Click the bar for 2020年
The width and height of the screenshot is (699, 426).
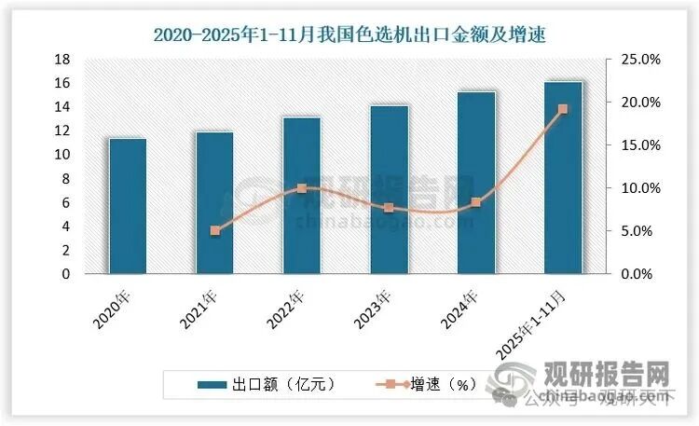[127, 207]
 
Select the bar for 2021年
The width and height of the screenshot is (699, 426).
[214, 203]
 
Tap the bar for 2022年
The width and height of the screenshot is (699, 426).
[301, 196]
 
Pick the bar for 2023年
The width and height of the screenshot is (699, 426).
[389, 190]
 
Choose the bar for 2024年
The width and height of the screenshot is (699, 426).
[475, 184]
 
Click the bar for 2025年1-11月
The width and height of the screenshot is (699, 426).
[563, 178]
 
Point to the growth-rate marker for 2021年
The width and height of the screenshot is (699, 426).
[214, 230]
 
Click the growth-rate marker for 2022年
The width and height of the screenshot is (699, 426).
[301, 188]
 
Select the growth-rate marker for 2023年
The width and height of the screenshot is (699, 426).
[389, 208]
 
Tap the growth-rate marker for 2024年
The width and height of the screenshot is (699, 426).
[475, 202]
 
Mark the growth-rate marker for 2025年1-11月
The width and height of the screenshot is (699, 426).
[563, 109]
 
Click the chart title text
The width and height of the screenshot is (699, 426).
[349, 34]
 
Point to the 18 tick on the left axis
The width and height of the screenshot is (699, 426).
[63, 59]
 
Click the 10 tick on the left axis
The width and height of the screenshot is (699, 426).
[63, 155]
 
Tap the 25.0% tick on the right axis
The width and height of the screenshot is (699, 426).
[640, 59]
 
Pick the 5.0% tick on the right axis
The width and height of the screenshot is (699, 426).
[640, 231]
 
